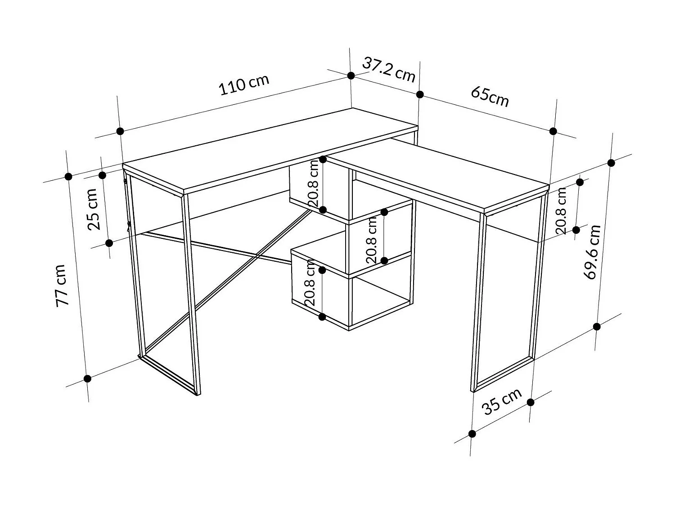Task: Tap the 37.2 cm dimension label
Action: coord(389,70)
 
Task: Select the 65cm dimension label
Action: coord(490,96)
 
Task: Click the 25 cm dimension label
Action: coord(94,209)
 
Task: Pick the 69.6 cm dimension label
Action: coord(594,252)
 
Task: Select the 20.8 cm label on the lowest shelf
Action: coord(310,285)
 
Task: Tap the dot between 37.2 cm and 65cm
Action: coord(420,94)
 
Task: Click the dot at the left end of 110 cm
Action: coord(120,131)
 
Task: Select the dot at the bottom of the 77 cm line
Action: coord(88,379)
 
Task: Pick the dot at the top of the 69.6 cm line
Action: coord(611,163)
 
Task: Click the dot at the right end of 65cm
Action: coord(553,131)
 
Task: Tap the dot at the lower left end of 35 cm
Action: coord(472,434)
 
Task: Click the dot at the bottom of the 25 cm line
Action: coord(109,243)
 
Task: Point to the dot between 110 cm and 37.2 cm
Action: coord(351,76)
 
